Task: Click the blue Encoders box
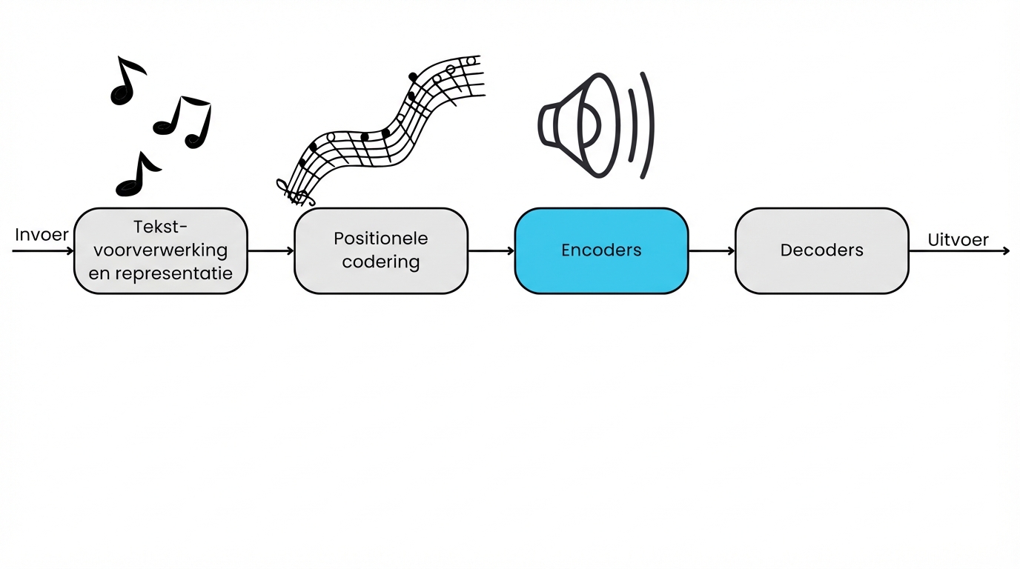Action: [601, 250]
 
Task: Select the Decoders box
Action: [821, 250]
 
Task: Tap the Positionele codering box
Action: [381, 250]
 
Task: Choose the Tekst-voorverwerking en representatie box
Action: [160, 250]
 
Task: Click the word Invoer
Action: [42, 235]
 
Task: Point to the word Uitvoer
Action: [958, 240]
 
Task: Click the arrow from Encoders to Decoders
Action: [711, 251]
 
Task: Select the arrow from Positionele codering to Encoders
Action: [491, 251]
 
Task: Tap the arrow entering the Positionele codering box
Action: [271, 251]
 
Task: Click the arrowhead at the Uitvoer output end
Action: [1005, 251]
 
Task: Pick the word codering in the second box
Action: [381, 262]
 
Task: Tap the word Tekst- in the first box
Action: [160, 227]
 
